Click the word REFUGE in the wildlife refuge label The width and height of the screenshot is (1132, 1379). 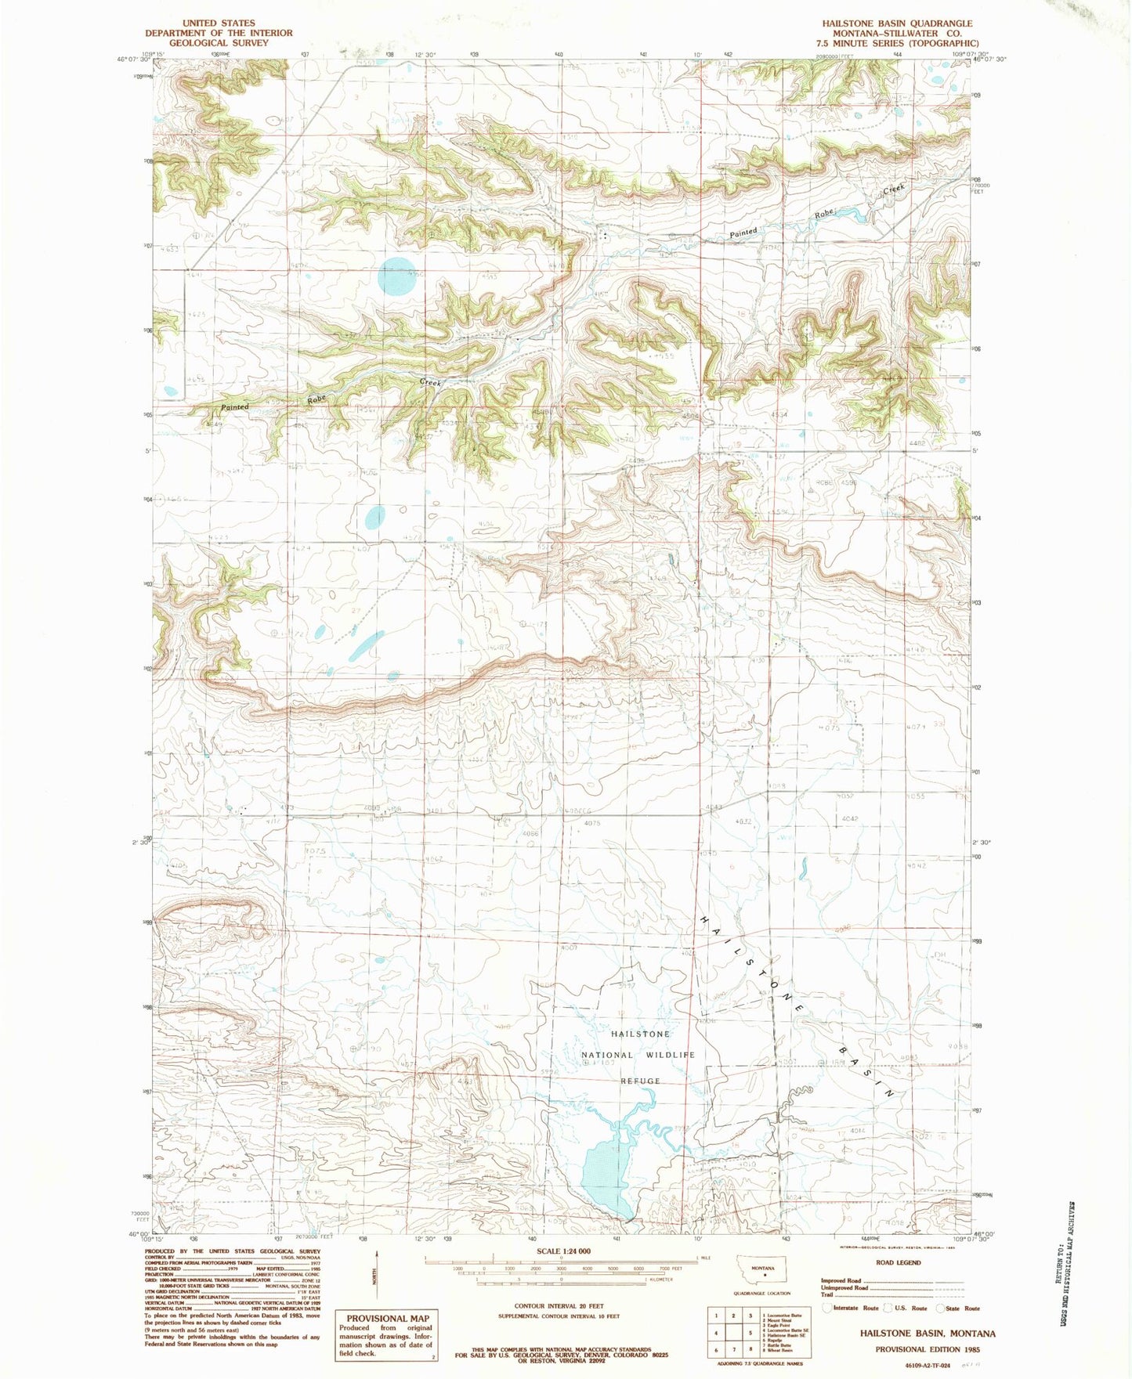[x=640, y=1081]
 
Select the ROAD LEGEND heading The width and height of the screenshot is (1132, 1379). [x=899, y=1262]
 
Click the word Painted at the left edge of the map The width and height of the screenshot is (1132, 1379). [x=234, y=407]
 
